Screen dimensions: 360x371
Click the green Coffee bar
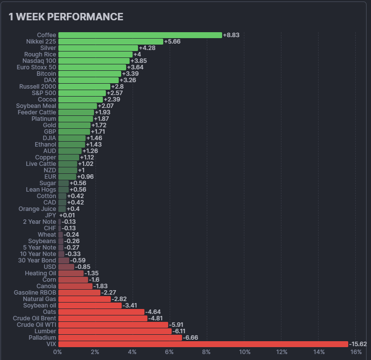point(140,35)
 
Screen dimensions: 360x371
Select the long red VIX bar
point(203,344)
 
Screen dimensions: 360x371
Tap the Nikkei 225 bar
point(110,42)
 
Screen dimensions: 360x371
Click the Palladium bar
point(120,338)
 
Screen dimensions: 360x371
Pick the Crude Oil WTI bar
point(113,325)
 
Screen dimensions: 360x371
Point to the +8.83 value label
point(231,35)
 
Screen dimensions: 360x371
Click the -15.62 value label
point(358,344)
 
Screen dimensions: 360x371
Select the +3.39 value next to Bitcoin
point(130,74)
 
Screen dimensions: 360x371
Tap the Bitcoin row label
point(46,74)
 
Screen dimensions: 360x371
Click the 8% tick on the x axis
point(207,352)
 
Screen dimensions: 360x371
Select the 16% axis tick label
point(356,352)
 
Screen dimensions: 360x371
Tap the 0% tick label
point(57,352)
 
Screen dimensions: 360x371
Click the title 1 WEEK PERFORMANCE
point(66,17)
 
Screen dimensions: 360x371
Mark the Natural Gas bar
point(85,299)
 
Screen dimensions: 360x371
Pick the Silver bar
point(98,48)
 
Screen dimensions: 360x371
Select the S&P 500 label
point(44,93)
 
